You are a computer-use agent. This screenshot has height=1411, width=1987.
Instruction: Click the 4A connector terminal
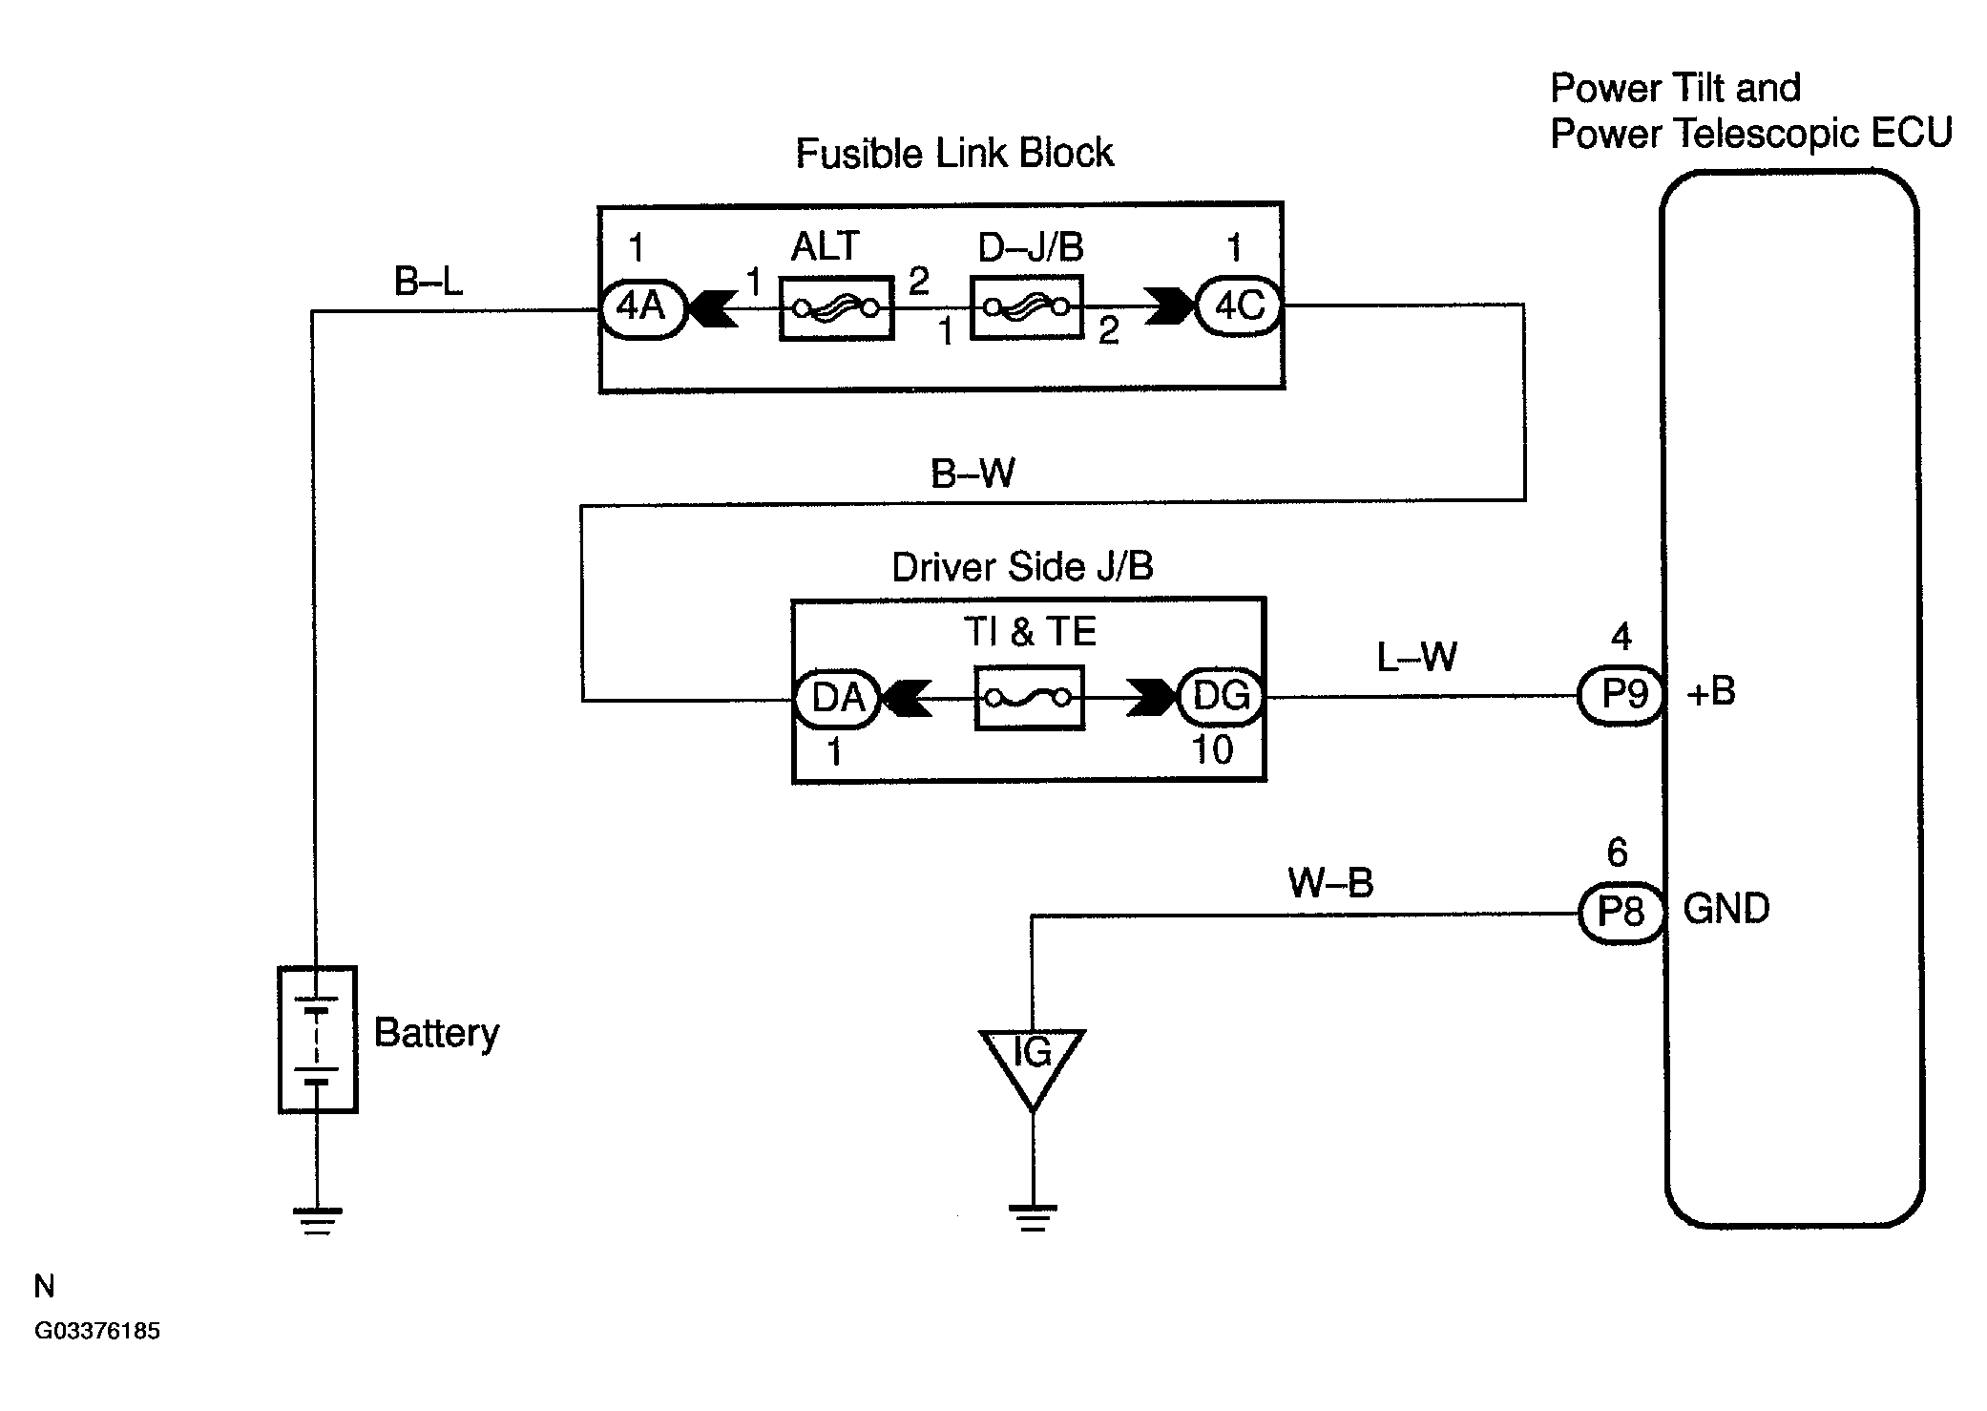tap(642, 308)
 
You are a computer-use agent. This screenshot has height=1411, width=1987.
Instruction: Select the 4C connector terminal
tap(1239, 306)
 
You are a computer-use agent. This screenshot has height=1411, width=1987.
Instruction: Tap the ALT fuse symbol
tap(837, 307)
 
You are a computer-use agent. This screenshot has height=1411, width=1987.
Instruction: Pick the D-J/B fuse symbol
tap(1028, 307)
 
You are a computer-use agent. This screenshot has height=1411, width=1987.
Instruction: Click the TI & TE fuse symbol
tap(1030, 698)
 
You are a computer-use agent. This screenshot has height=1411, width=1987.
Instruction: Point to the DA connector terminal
tap(836, 699)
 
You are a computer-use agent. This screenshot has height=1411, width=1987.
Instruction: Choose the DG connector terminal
tap(1222, 696)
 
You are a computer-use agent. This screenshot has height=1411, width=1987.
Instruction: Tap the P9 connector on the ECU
tap(1622, 694)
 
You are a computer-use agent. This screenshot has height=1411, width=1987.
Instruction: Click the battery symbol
tap(318, 1040)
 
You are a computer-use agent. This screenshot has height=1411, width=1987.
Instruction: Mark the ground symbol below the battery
tap(318, 1221)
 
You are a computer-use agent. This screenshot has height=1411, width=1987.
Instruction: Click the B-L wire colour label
tap(429, 281)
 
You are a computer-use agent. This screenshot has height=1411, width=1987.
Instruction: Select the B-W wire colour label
tap(973, 474)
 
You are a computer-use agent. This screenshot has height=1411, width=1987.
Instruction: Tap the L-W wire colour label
tap(1416, 657)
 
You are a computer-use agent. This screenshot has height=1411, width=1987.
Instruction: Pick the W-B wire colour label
tap(1330, 883)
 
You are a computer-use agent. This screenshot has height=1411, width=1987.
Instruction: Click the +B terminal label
tap(1711, 692)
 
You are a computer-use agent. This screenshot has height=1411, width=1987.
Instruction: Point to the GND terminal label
tap(1726, 909)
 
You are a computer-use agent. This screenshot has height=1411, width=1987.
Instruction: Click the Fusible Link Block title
tap(954, 154)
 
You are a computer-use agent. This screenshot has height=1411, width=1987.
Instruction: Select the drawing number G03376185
tap(97, 1332)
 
